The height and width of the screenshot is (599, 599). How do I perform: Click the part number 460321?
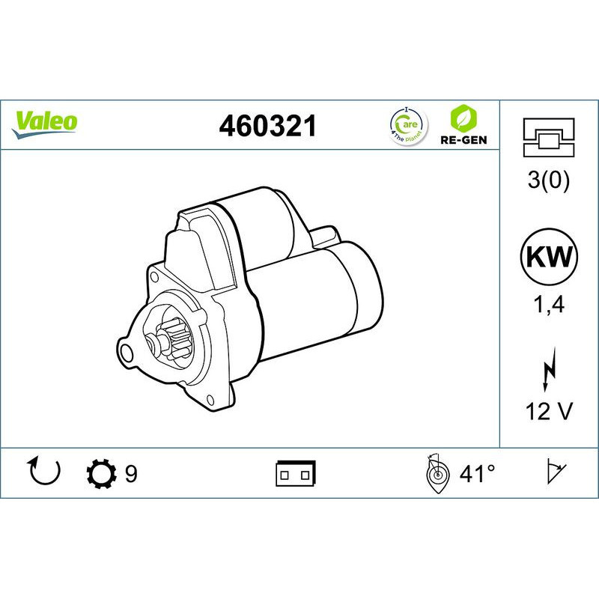(267, 127)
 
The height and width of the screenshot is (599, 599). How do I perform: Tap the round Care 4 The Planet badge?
(407, 125)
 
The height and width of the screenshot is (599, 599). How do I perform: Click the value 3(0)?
(550, 182)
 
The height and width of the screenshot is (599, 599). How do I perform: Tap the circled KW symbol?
(550, 258)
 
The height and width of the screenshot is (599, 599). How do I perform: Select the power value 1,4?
(550, 306)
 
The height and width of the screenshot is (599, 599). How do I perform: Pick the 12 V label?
(550, 412)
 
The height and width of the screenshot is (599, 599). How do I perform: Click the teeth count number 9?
(131, 473)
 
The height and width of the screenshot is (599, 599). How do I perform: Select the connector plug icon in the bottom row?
(297, 473)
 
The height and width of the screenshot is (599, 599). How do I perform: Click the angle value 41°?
(477, 473)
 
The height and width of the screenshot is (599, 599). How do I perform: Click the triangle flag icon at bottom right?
(555, 472)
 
